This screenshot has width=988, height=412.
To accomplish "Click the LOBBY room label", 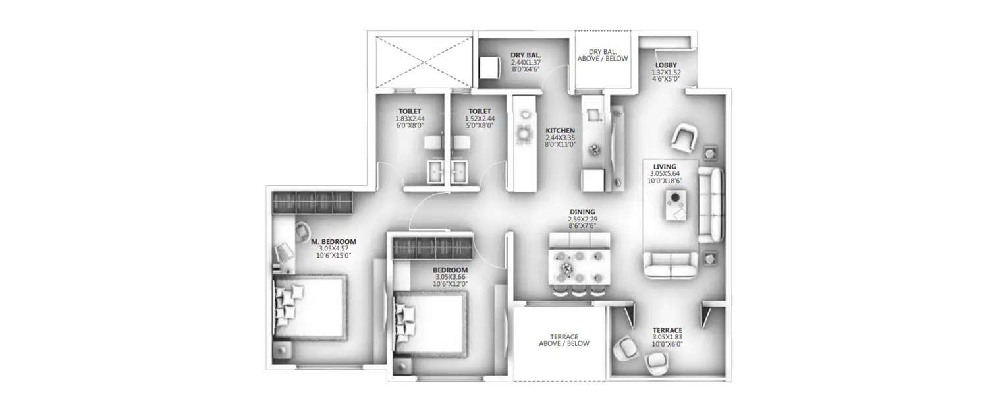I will click(x=666, y=65).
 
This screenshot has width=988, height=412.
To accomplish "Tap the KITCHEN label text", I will click(x=560, y=131).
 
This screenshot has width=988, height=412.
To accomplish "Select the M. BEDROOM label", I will click(x=333, y=241).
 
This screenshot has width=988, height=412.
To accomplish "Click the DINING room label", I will click(x=582, y=212).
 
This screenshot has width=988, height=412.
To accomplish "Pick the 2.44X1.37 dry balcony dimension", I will click(x=525, y=62).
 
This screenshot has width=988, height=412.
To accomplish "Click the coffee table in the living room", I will click(x=675, y=204).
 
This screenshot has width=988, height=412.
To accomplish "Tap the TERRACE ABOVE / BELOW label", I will click(x=564, y=339).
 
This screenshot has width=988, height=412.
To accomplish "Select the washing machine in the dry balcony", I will click(x=489, y=67).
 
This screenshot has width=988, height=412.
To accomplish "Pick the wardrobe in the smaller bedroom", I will click(x=433, y=250).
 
